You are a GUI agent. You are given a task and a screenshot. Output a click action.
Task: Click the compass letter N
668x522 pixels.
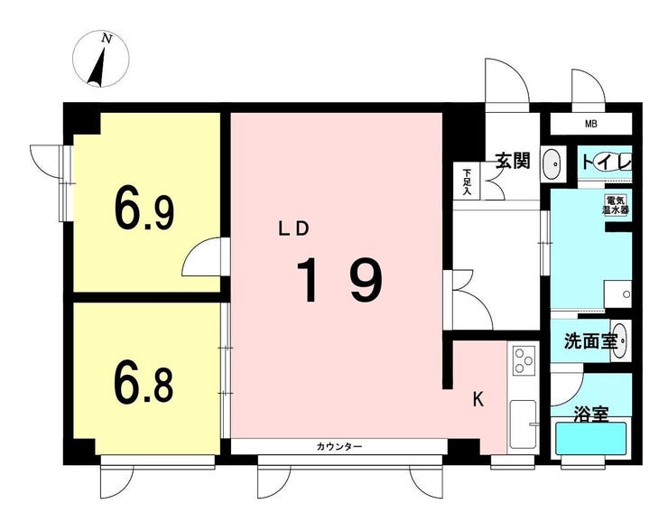tap(107, 39)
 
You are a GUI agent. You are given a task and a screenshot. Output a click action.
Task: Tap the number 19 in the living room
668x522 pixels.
tap(340, 280)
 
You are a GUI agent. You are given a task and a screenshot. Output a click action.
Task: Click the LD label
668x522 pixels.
tap(293, 229)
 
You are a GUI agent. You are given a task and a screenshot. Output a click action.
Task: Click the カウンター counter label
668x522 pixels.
tap(339, 446)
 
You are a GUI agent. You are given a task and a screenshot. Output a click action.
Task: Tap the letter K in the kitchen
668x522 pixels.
tap(478, 399)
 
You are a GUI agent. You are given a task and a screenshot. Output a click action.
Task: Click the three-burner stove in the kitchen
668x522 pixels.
tap(524, 361)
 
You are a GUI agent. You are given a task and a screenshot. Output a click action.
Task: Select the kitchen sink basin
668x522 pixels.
tap(523, 424)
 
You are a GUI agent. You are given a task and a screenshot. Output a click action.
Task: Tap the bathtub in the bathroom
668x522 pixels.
tap(591, 439)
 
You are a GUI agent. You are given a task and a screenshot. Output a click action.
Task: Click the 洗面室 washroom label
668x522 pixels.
tap(590, 340)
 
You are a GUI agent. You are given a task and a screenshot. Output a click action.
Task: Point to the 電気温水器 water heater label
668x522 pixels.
tap(616, 205)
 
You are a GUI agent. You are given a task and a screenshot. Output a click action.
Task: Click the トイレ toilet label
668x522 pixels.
tap(606, 163)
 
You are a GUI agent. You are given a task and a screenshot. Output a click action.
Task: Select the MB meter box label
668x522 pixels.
tap(591, 124)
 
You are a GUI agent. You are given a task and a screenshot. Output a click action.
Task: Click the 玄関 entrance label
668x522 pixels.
tap(513, 160)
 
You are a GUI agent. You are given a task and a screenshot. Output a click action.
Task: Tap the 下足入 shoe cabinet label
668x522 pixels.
tap(468, 182)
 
